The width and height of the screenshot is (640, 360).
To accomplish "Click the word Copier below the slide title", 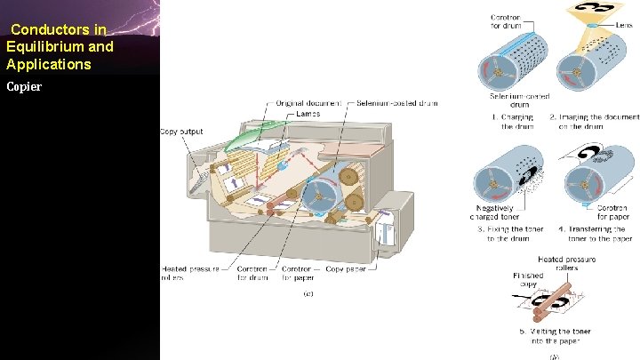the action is (x=23, y=87).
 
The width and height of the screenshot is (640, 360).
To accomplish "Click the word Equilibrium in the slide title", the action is (x=41, y=47).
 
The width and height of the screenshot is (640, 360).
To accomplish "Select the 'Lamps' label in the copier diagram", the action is (x=308, y=114).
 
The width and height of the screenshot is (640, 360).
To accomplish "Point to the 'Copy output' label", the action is (x=181, y=132).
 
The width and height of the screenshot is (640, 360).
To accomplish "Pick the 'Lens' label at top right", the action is (x=624, y=26).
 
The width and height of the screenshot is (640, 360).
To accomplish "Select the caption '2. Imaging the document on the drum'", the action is (x=594, y=122).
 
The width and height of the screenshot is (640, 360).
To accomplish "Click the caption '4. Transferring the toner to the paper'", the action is (x=595, y=235).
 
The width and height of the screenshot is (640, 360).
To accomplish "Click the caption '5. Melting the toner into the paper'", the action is (x=555, y=337).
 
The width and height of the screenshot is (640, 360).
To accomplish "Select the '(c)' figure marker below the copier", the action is (x=308, y=293).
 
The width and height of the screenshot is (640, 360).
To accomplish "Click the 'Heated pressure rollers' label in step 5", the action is (x=566, y=264).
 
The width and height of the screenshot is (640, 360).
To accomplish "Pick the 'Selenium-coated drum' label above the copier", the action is (x=396, y=104).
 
